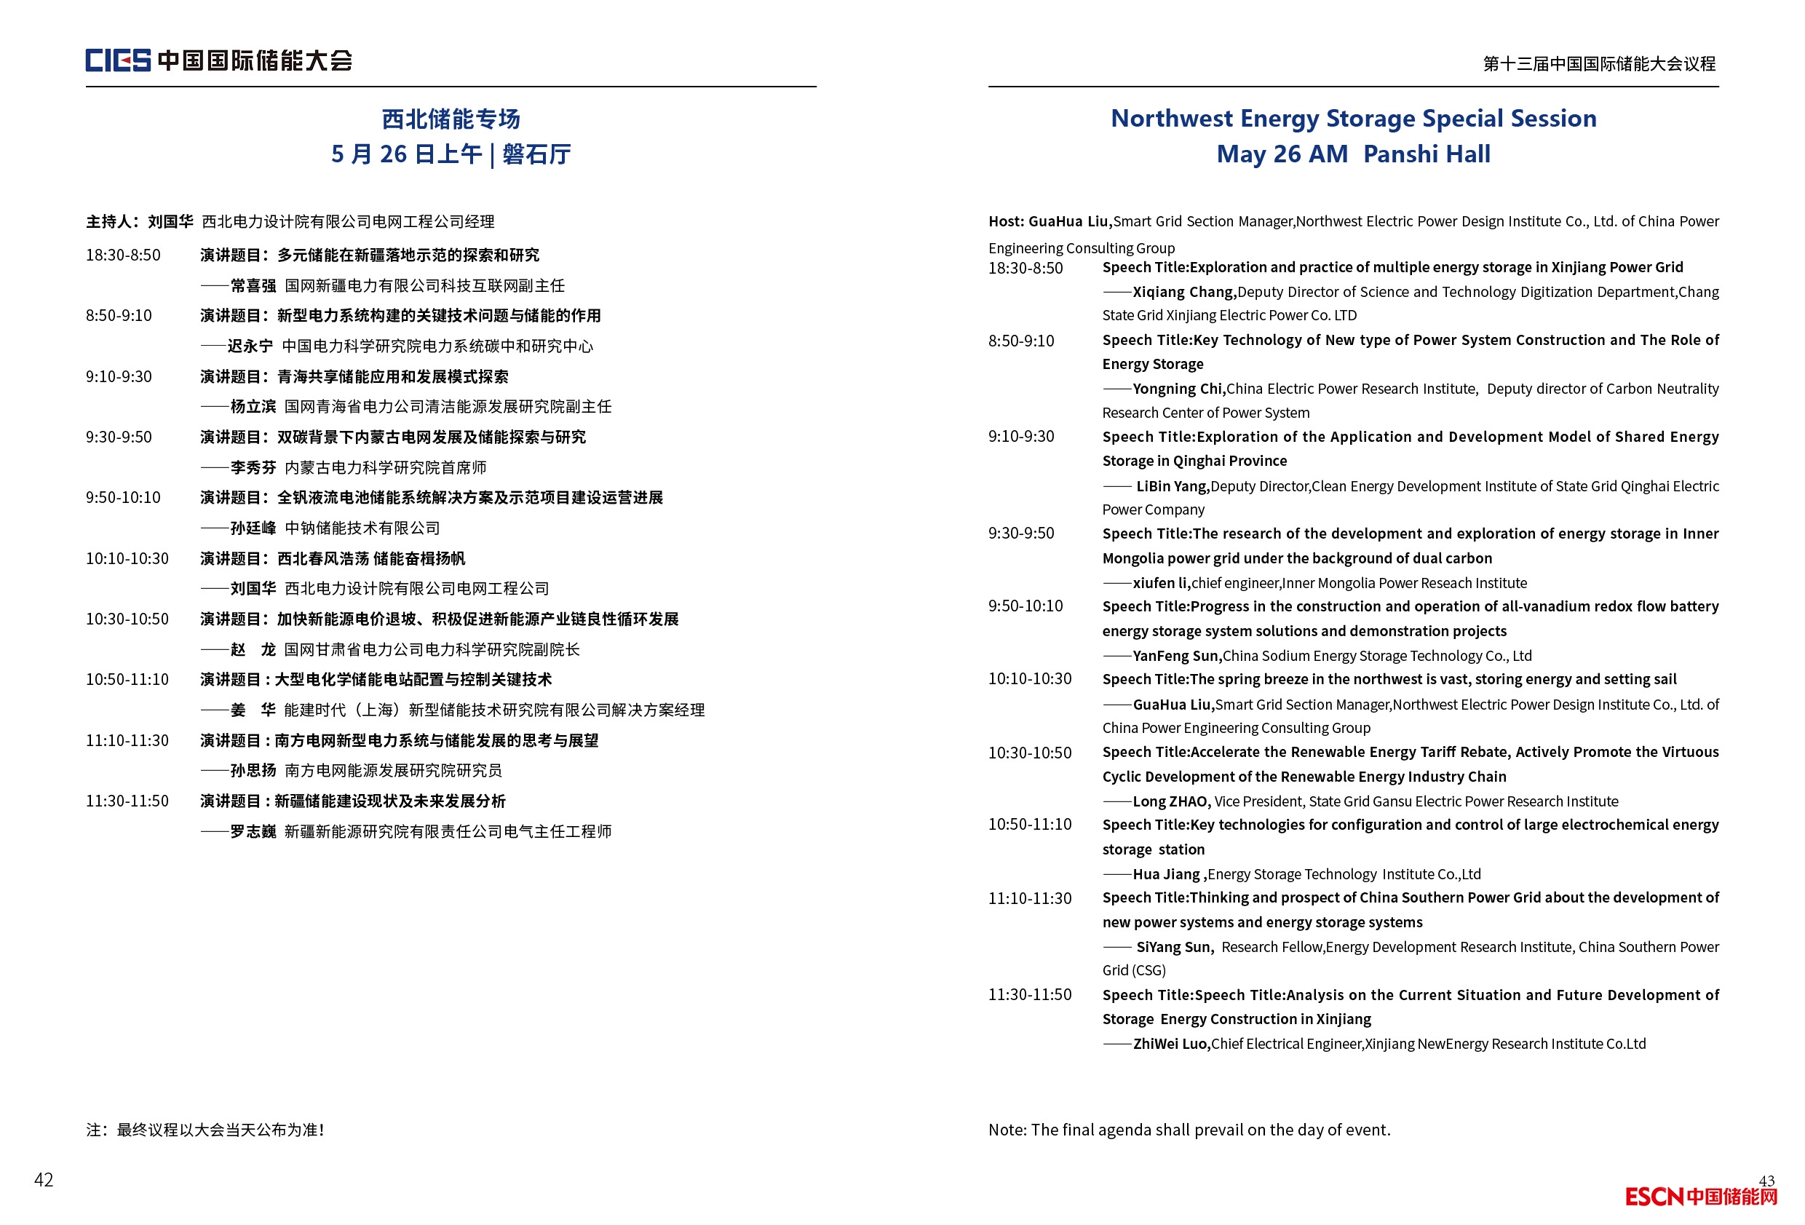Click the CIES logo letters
pos(117,60)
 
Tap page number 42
pos(44,1179)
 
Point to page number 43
pos(1766,1180)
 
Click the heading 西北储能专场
pos(451,119)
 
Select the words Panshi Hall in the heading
pos(1426,154)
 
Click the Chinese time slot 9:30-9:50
pos(119,437)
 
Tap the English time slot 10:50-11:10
pos(1029,824)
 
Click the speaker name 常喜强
pos(253,286)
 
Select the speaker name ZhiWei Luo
pos(1170,1043)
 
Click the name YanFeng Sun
pos(1176,656)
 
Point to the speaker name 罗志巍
pos(253,831)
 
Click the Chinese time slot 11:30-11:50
pos(127,801)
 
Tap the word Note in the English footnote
pos(1007,1130)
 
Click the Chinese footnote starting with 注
pos(205,1130)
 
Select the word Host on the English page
pos(1005,221)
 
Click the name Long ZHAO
pos(1171,801)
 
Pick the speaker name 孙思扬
pos(253,771)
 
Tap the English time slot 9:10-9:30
pos(1020,437)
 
